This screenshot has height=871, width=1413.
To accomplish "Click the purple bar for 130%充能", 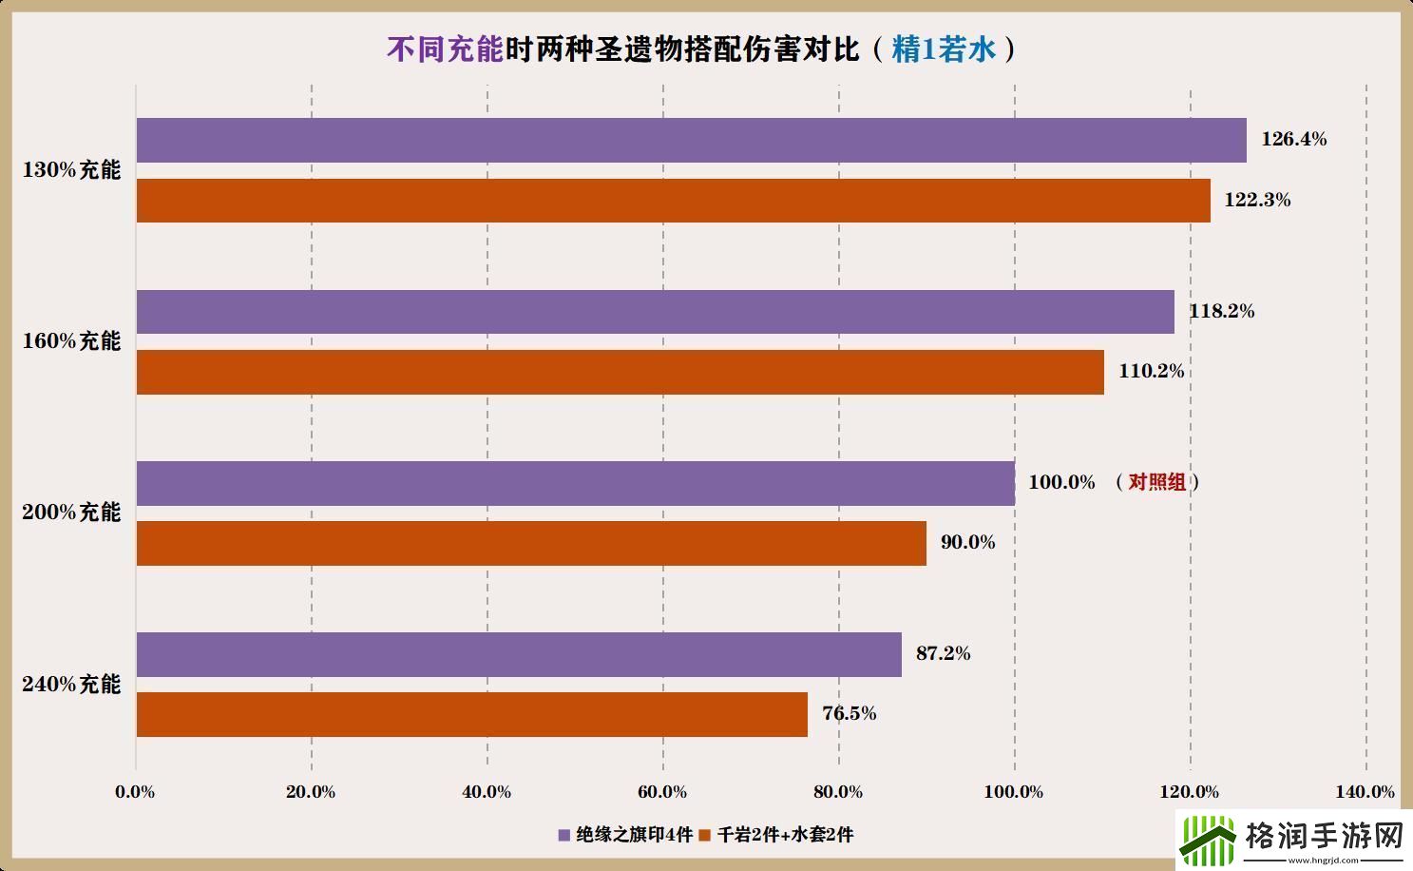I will (691, 140).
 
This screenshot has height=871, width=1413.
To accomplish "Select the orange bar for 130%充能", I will (673, 201).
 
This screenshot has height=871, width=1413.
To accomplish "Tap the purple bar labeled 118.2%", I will (655, 312).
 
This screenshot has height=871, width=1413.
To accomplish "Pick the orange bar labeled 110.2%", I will (620, 372).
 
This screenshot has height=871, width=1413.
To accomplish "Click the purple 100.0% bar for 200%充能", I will (575, 483).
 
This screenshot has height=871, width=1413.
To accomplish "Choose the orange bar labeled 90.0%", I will (531, 543).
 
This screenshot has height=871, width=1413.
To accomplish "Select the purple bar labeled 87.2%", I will (519, 654).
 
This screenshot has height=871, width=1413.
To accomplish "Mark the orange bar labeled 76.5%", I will (471, 714).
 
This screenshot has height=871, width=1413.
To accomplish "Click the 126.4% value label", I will (1293, 139).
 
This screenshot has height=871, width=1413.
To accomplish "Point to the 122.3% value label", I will (1257, 200).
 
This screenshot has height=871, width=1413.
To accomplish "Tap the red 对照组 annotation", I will (1156, 482).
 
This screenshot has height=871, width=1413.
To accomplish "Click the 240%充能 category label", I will (71, 685).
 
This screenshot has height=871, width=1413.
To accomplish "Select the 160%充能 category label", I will (71, 341).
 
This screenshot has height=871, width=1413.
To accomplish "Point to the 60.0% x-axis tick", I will (662, 792).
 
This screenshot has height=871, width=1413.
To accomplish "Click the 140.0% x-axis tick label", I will (1365, 792).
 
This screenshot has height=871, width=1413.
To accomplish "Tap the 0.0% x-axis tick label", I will (135, 792).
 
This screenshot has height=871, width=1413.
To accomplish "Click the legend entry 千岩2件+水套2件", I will (776, 835).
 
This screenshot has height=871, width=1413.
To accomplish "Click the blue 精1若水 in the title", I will (943, 49).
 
